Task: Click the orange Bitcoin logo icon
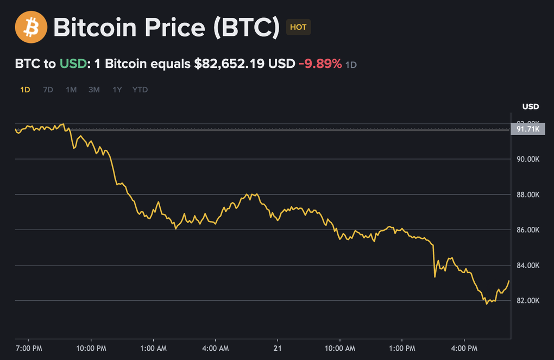point(30,27)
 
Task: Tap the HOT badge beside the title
point(298,27)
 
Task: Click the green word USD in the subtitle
point(73,64)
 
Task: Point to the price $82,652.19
point(229,64)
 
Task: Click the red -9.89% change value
point(320,64)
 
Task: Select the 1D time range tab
point(25,90)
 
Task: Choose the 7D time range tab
point(48,90)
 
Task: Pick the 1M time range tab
point(71,90)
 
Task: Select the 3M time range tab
point(94,90)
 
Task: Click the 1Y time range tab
point(117,90)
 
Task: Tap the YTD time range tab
point(140,90)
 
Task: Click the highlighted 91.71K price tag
point(528,129)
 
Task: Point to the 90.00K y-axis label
point(527,159)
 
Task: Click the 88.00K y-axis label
point(527,194)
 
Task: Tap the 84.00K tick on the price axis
point(527,265)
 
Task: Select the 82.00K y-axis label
point(527,300)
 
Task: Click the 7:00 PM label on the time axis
point(28,347)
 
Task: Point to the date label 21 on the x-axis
point(278,347)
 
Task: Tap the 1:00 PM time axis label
point(402,347)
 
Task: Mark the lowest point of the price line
point(487,304)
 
